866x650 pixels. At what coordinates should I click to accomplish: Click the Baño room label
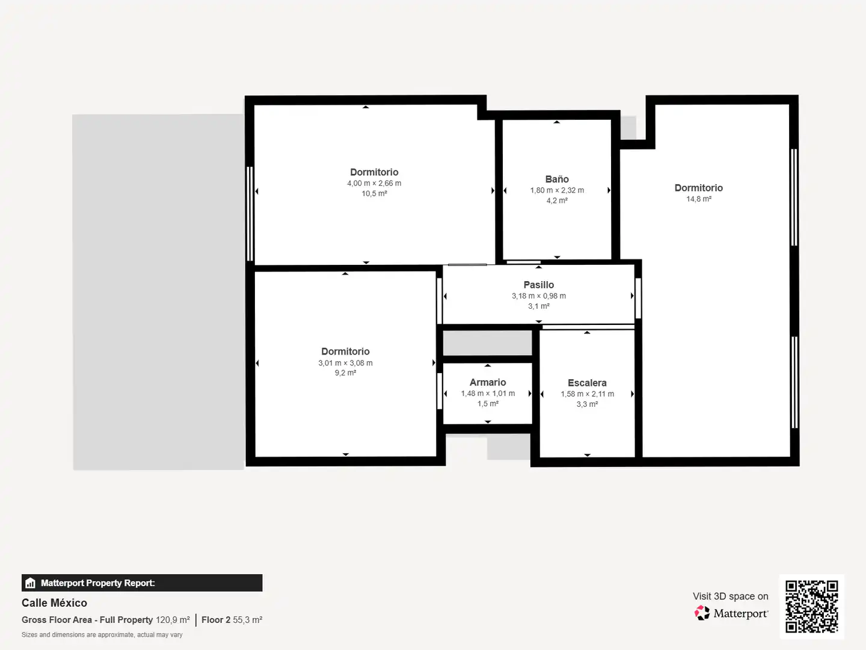(557, 179)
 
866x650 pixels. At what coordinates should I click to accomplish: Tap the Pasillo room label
(538, 285)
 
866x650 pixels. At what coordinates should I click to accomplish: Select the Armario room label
(488, 382)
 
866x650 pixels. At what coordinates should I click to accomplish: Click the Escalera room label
(587, 383)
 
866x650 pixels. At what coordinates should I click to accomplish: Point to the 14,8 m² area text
(699, 199)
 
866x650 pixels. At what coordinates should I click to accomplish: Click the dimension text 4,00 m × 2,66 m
(374, 183)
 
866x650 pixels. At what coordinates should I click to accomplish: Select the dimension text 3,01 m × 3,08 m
(345, 363)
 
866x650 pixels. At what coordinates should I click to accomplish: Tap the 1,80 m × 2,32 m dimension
(557, 190)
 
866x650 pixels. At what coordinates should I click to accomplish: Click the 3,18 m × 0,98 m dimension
(538, 296)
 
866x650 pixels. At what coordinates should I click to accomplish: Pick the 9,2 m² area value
(345, 373)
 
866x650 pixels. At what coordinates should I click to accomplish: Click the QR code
(811, 607)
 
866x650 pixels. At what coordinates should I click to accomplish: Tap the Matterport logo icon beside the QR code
(702, 613)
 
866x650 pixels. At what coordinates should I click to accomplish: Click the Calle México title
(54, 602)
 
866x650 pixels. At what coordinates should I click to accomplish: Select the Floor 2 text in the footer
(216, 620)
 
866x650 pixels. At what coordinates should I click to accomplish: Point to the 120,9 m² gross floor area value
(173, 620)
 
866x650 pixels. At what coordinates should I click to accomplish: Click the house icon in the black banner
(31, 583)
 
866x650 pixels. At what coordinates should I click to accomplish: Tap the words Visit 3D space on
(730, 596)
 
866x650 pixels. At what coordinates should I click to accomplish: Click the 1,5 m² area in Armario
(488, 404)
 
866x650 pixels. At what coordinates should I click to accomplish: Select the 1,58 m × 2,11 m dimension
(587, 394)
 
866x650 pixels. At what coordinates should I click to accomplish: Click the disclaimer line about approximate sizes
(102, 634)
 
